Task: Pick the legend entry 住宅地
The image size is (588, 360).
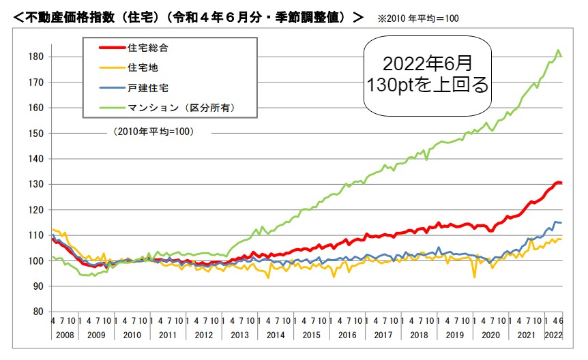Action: [x=142, y=67]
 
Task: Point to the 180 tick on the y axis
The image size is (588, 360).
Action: [x=38, y=56]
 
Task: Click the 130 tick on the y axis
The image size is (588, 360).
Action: [x=38, y=184]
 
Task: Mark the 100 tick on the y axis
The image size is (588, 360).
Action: [x=38, y=261]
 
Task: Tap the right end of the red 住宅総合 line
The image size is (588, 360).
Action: [x=561, y=183]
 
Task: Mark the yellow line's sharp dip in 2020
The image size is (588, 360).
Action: [x=474, y=277]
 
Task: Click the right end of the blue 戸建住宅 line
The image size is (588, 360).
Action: [x=561, y=223]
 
